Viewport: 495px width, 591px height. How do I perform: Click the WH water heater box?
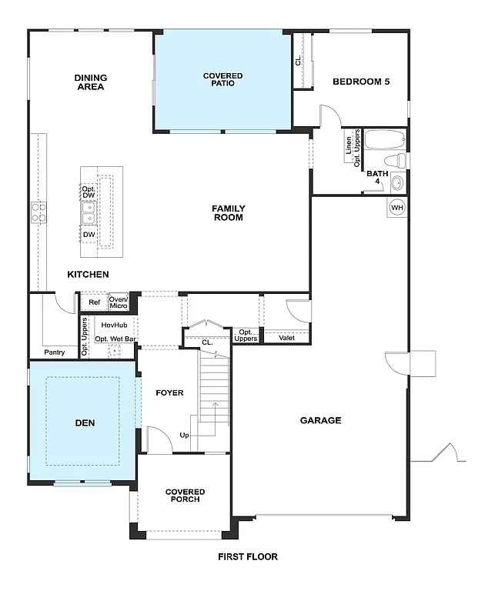397,208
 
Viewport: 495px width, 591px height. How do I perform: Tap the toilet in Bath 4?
396,160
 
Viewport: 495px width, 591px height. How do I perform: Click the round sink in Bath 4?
397,183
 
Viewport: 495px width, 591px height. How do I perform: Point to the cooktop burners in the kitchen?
38,212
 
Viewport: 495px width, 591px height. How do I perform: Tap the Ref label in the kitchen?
94,302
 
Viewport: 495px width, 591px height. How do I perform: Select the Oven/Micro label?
119,302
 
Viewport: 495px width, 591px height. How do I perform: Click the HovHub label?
114,325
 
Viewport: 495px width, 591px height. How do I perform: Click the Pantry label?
55,352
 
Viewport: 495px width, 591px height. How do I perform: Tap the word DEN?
85,422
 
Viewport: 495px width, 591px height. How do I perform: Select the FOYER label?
169,392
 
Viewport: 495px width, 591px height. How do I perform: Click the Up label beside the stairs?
184,436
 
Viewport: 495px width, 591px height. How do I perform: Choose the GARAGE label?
320,420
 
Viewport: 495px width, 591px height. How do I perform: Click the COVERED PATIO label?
223,79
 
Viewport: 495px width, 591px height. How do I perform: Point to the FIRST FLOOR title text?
247,556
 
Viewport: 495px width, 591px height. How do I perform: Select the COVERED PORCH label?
186,496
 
